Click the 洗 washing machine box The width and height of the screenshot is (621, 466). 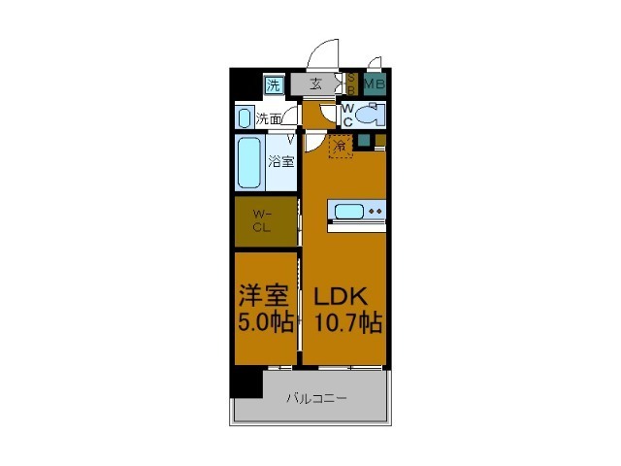274,85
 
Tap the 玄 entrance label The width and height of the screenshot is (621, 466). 316,84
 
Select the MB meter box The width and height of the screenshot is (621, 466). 375,84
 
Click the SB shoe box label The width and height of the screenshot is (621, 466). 351,84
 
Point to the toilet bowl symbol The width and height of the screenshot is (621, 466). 368,116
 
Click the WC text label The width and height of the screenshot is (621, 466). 347,115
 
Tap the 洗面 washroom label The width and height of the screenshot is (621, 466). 269,119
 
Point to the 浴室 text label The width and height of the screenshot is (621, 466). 281,162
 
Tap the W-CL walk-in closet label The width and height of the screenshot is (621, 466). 262,221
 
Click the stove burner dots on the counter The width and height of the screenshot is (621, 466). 376,210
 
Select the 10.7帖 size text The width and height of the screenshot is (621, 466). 344,324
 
